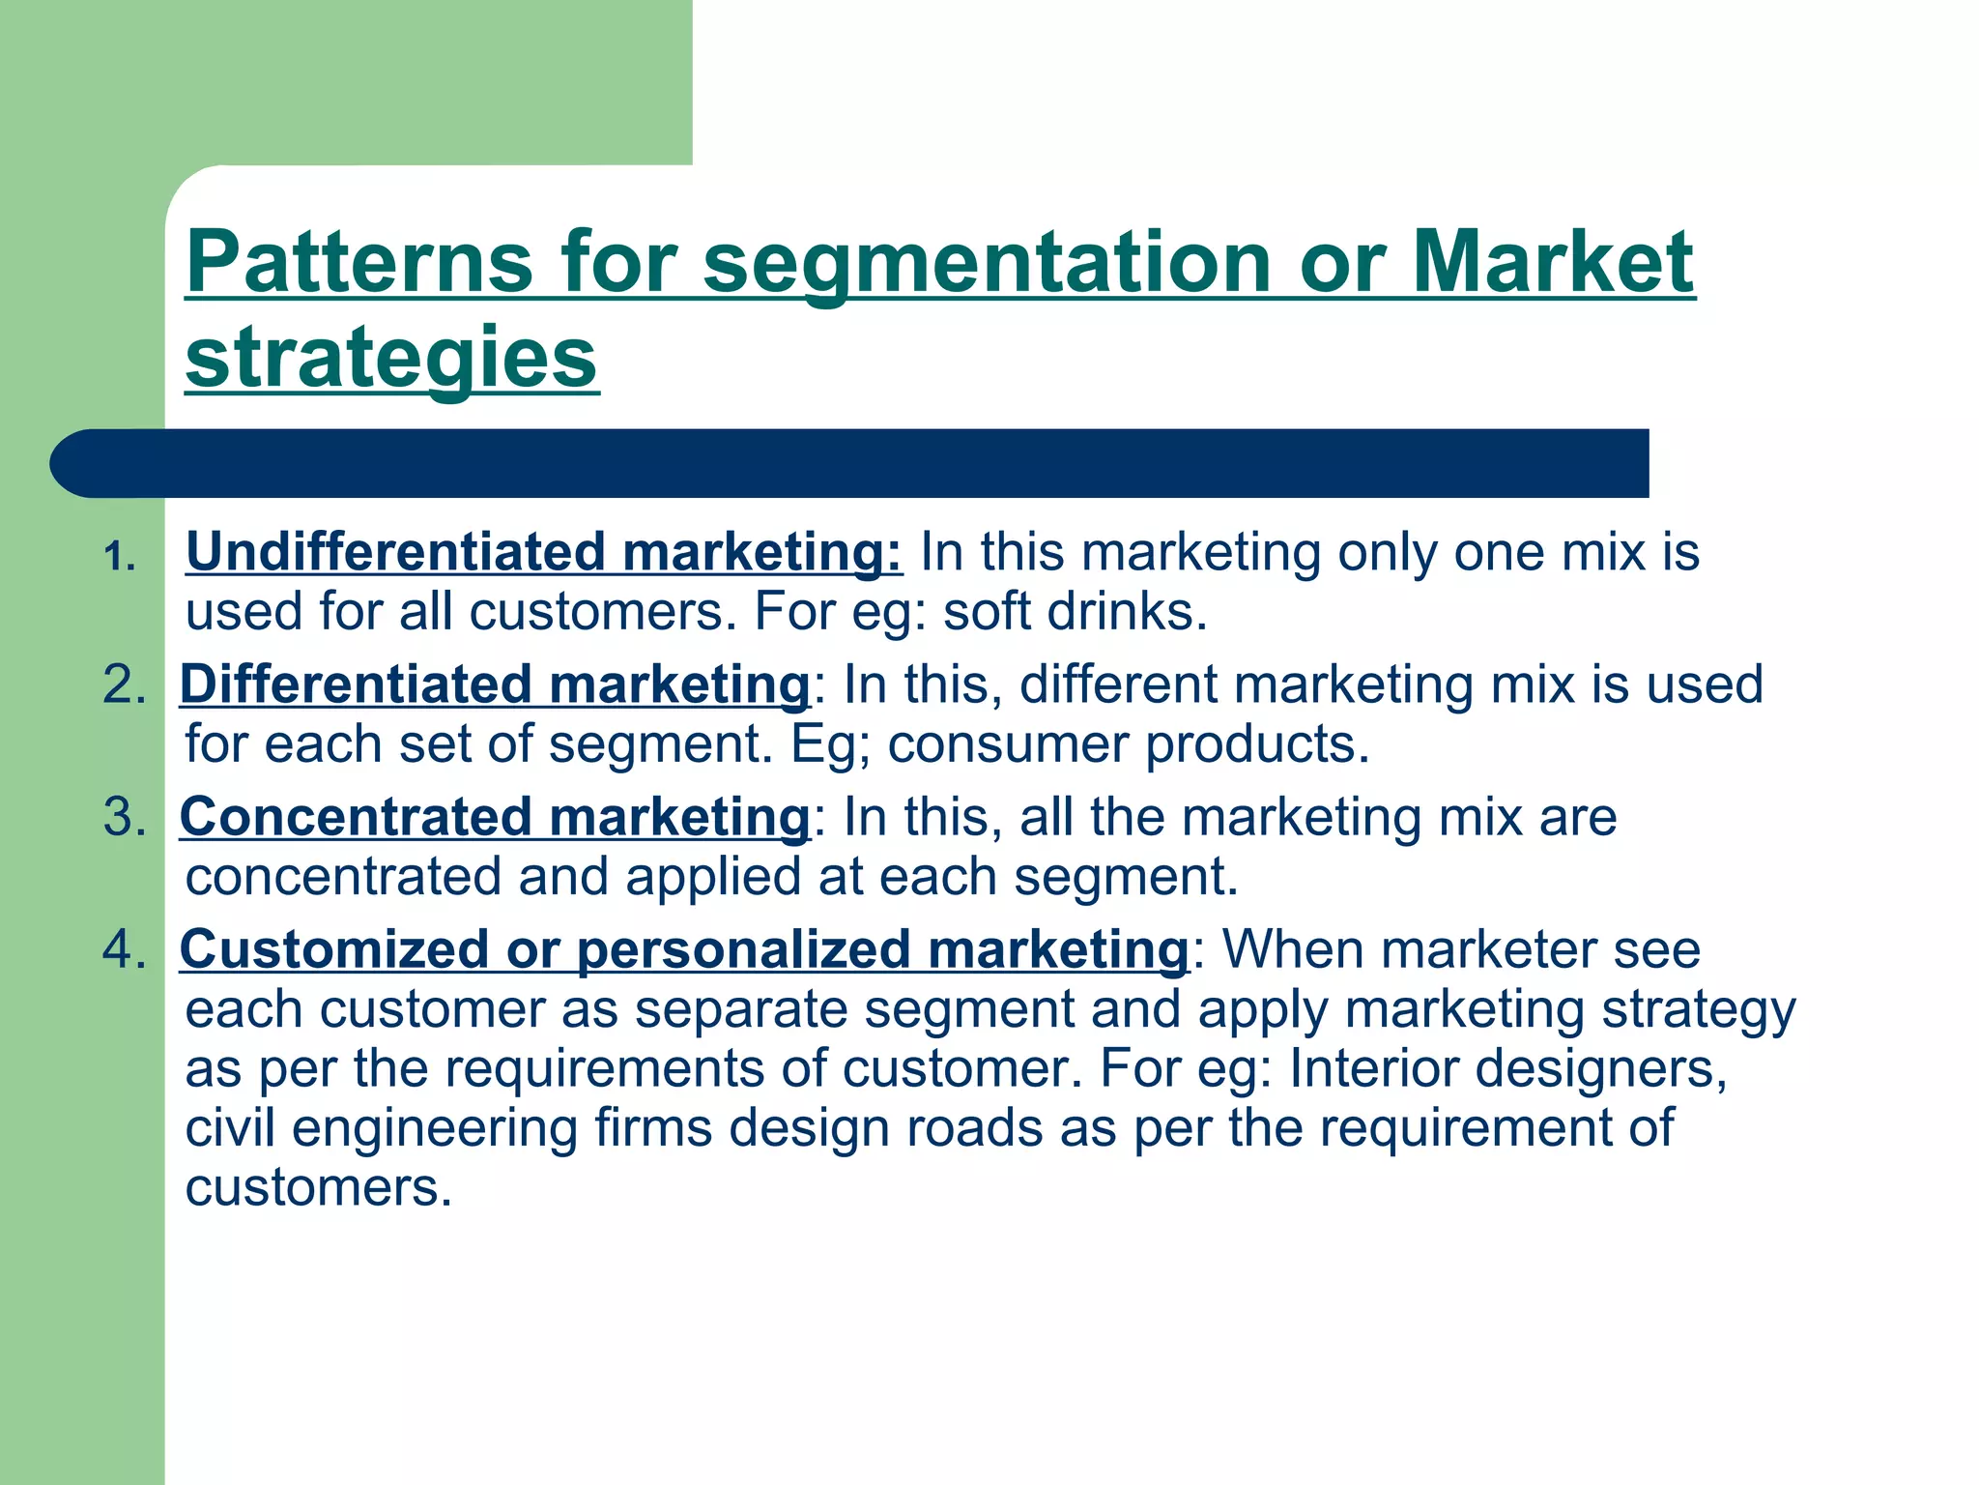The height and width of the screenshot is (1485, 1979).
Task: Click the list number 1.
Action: [120, 558]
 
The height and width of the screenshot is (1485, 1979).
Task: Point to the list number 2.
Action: [124, 684]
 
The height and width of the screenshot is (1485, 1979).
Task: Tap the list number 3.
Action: [124, 817]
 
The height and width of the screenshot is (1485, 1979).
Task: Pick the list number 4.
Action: [124, 949]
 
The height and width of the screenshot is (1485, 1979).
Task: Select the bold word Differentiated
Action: [356, 684]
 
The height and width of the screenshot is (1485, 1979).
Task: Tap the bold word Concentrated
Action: [356, 817]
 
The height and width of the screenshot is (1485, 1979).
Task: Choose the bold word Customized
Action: [333, 949]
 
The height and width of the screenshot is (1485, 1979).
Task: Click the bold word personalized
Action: [744, 949]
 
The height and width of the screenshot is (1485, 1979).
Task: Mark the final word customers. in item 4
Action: [319, 1188]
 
